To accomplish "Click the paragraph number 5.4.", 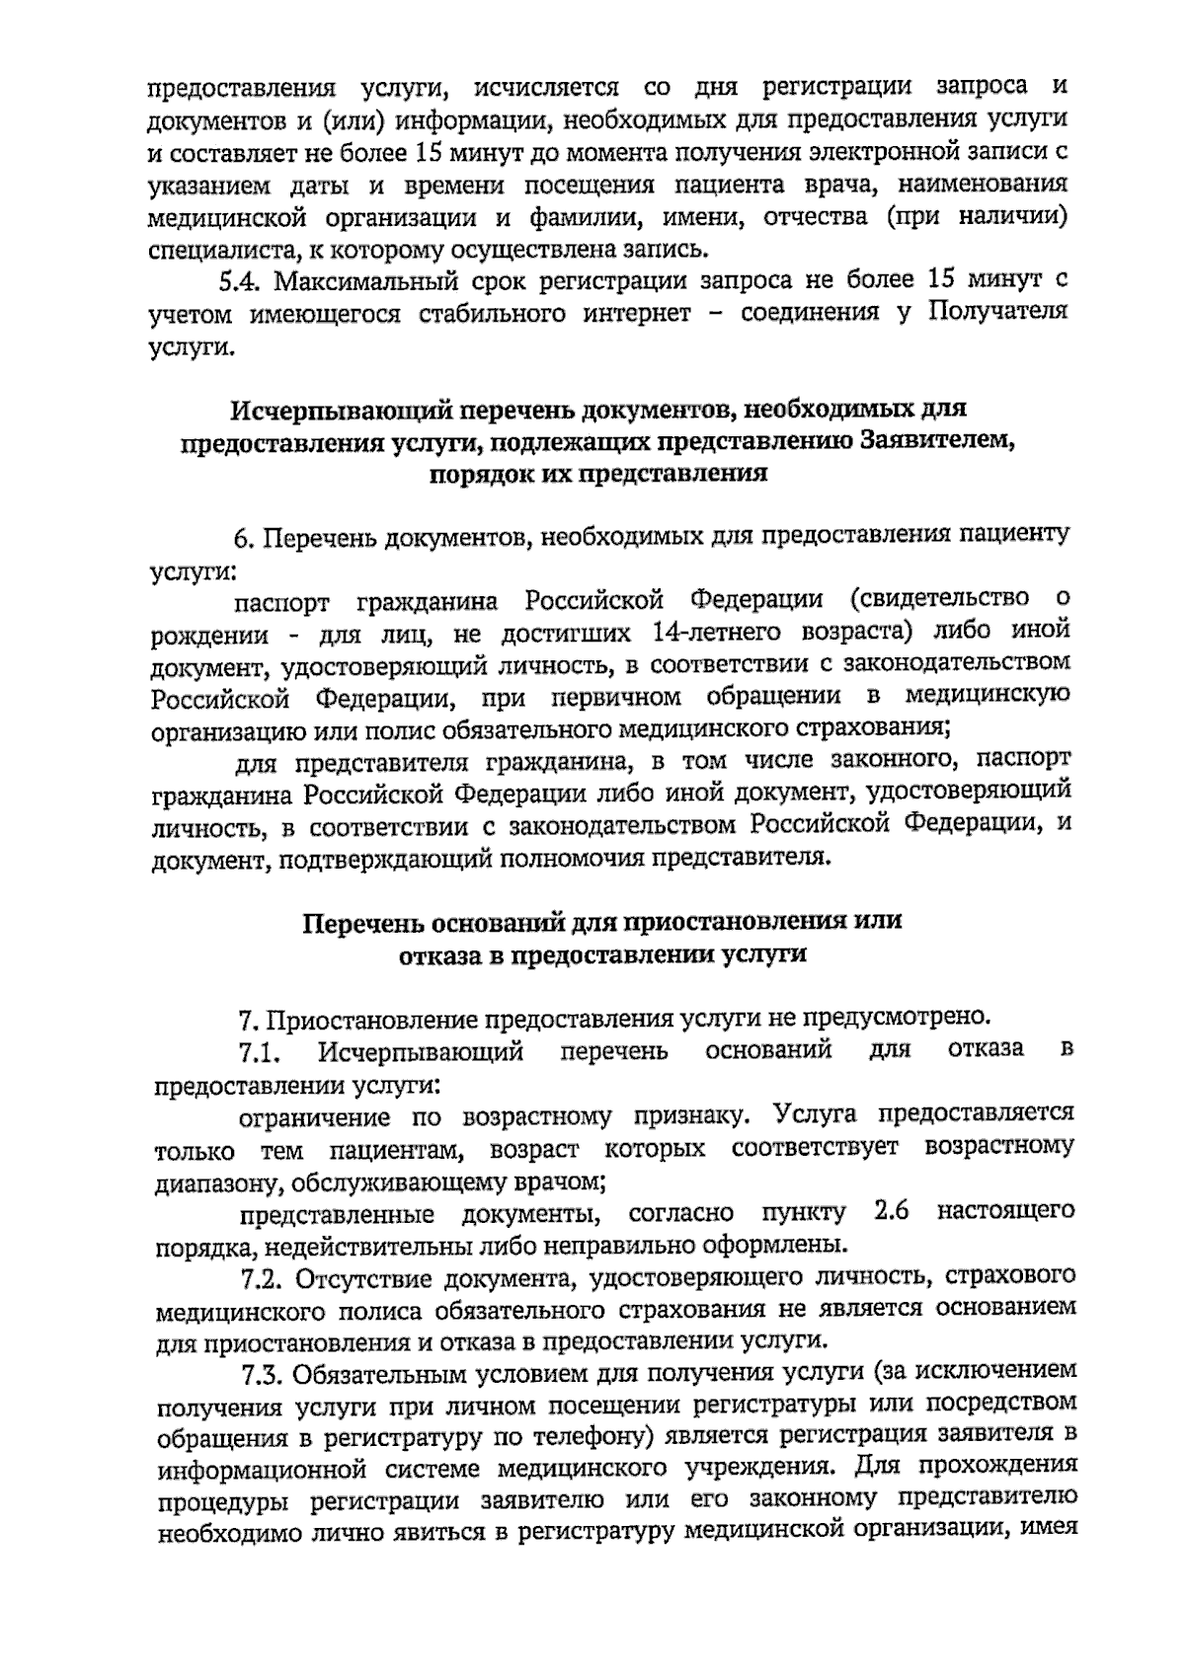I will (x=242, y=280).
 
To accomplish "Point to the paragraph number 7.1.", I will (x=260, y=1053).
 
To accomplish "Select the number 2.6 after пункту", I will (x=891, y=1211).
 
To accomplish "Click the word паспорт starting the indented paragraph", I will (x=282, y=600).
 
